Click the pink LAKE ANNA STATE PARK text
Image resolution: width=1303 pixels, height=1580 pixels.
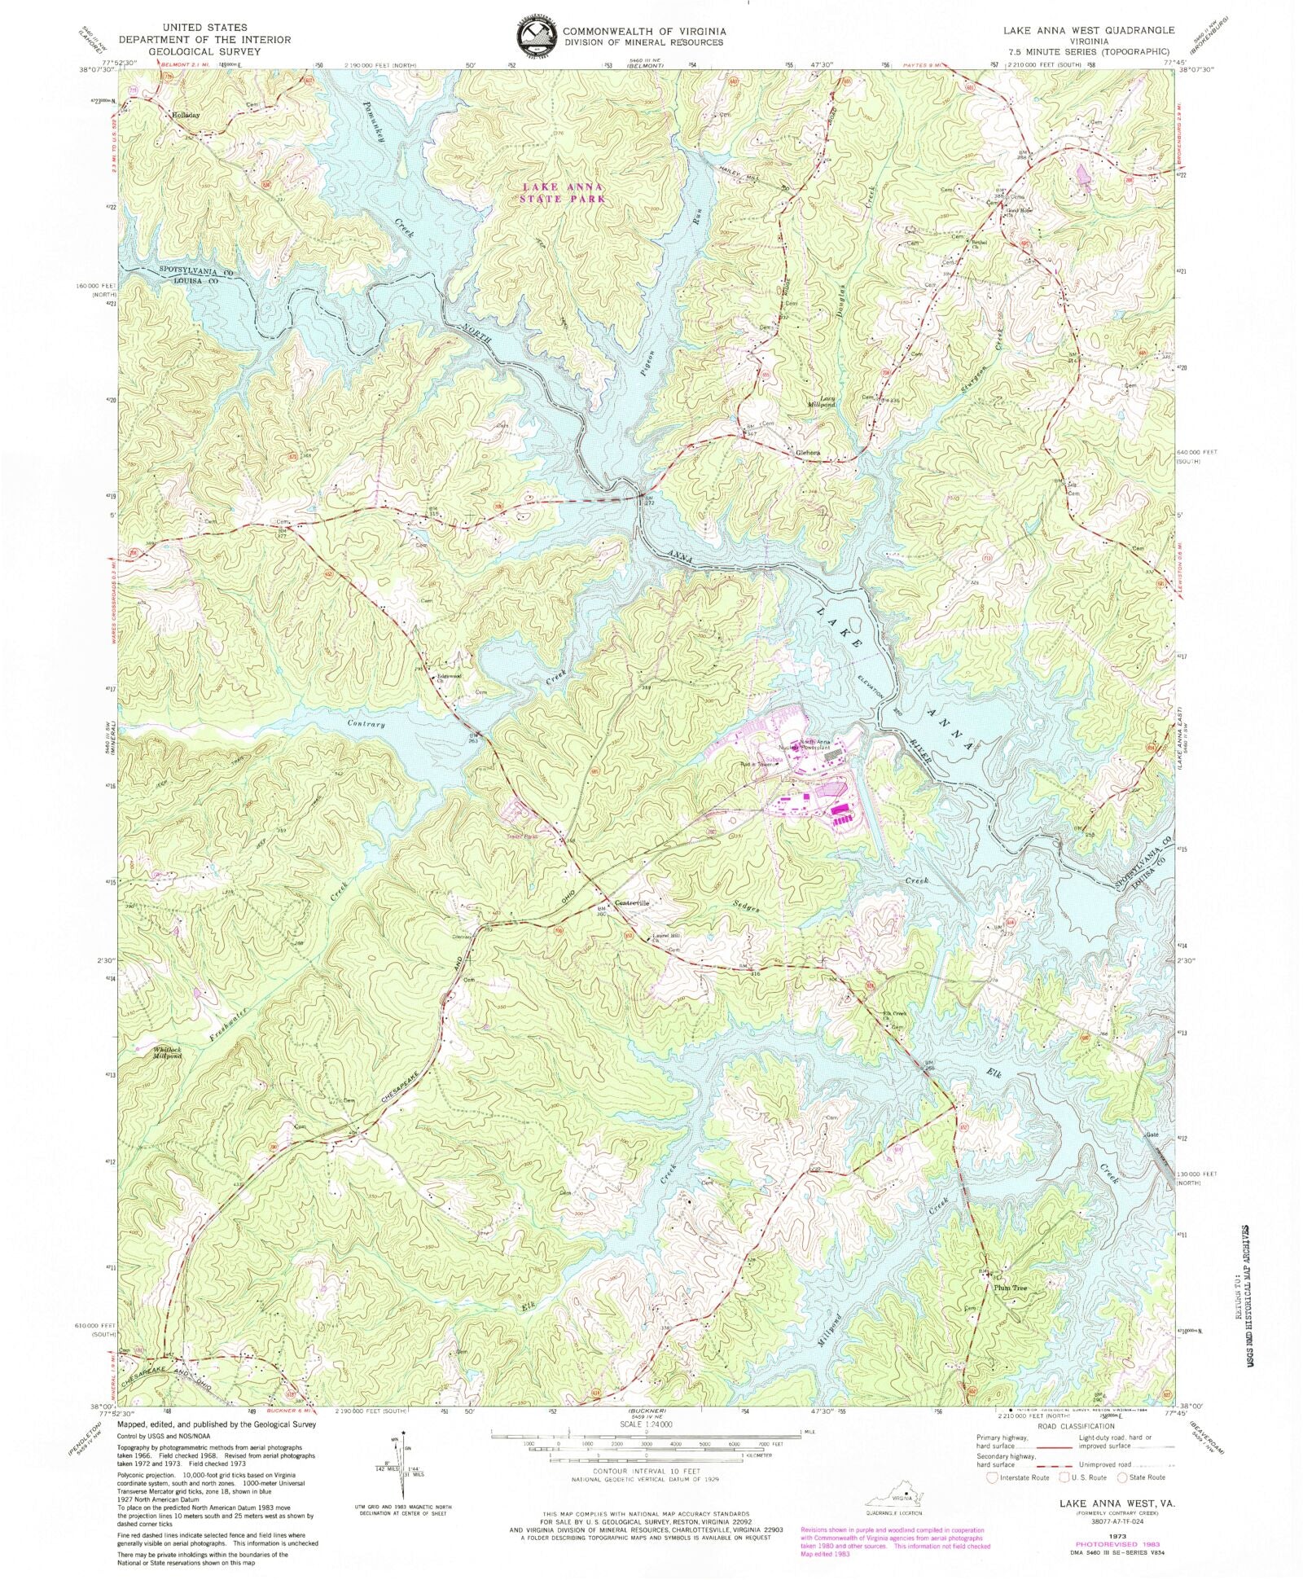coord(563,192)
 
